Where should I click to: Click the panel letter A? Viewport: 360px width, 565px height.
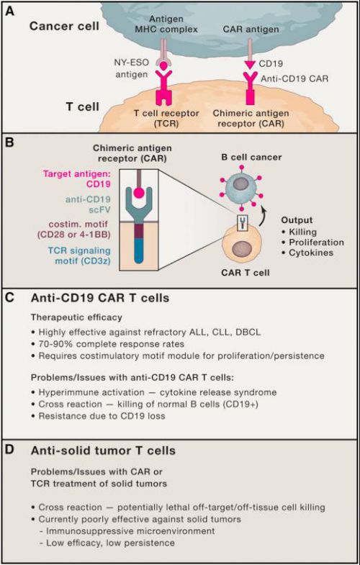click(x=10, y=12)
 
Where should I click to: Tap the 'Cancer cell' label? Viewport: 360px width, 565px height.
click(x=64, y=26)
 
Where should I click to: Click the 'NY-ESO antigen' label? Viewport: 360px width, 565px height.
click(x=131, y=68)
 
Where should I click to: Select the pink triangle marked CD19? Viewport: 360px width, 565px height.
click(x=250, y=65)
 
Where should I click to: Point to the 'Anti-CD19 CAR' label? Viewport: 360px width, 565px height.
click(x=294, y=78)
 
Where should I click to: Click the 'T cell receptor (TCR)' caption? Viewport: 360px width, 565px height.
click(x=166, y=118)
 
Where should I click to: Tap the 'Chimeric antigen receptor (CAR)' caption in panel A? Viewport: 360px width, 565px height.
click(x=251, y=118)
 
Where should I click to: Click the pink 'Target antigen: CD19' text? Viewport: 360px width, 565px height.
click(x=77, y=179)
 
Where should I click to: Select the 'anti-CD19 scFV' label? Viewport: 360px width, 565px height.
click(x=88, y=204)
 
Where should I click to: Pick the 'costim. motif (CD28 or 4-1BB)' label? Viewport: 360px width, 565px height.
click(x=74, y=229)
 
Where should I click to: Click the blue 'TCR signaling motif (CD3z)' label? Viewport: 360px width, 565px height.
click(x=79, y=255)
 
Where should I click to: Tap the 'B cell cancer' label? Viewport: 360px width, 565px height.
click(x=251, y=157)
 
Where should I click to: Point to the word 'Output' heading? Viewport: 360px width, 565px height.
click(x=297, y=220)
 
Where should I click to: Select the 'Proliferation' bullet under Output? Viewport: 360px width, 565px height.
click(x=312, y=242)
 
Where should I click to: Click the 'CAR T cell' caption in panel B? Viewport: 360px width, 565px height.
click(x=246, y=272)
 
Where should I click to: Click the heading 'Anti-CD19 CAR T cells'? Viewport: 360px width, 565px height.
click(x=100, y=298)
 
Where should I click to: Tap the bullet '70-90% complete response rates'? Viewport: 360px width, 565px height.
click(x=108, y=344)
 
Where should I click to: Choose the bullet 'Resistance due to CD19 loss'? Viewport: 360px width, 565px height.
click(x=98, y=416)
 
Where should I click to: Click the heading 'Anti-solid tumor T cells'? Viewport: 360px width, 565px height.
click(x=103, y=451)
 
